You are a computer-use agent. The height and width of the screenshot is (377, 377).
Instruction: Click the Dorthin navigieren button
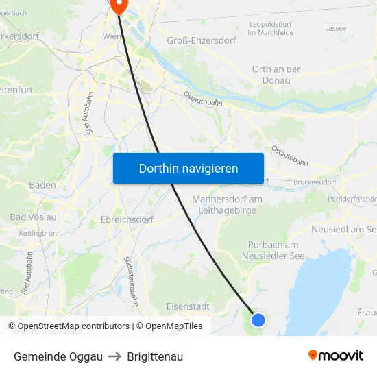click(x=188, y=168)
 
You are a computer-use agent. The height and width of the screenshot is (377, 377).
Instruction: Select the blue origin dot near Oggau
click(x=258, y=319)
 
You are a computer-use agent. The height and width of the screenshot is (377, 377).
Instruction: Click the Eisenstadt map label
click(x=188, y=306)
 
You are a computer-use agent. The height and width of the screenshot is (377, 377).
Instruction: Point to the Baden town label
click(x=42, y=185)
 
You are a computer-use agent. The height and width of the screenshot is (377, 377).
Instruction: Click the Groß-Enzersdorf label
click(x=202, y=41)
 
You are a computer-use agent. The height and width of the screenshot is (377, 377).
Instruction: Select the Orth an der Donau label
click(x=276, y=75)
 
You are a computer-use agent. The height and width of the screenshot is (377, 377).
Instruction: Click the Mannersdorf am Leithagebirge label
click(x=228, y=205)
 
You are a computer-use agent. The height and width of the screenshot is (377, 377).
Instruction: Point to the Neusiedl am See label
click(x=343, y=229)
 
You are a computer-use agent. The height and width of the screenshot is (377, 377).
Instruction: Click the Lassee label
click(x=336, y=29)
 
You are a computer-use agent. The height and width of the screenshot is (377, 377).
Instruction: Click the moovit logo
click(x=336, y=356)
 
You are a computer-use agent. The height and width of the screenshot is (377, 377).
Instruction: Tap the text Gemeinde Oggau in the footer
click(x=58, y=356)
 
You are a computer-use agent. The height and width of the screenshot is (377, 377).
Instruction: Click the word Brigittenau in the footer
click(x=155, y=356)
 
